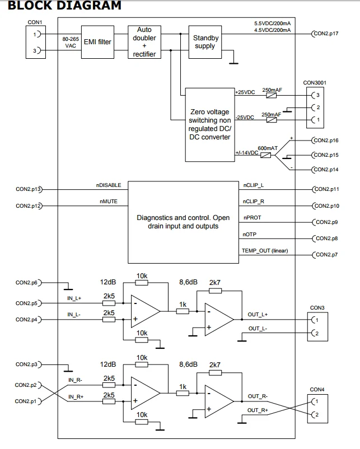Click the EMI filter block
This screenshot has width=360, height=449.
point(97,41)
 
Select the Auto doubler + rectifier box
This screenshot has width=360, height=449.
point(144,41)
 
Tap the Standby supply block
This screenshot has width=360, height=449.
point(204,41)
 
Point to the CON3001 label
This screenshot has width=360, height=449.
point(315,82)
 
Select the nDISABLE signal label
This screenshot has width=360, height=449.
point(107,185)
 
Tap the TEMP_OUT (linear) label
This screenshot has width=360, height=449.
point(264,251)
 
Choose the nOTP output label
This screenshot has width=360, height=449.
point(250,235)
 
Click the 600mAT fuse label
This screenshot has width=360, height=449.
point(268,148)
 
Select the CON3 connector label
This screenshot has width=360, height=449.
point(316,308)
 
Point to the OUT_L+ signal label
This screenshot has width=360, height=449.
point(258,315)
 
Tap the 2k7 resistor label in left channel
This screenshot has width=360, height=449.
point(214,283)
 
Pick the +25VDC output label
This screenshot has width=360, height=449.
point(245,92)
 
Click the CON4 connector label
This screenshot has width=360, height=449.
point(316,389)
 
